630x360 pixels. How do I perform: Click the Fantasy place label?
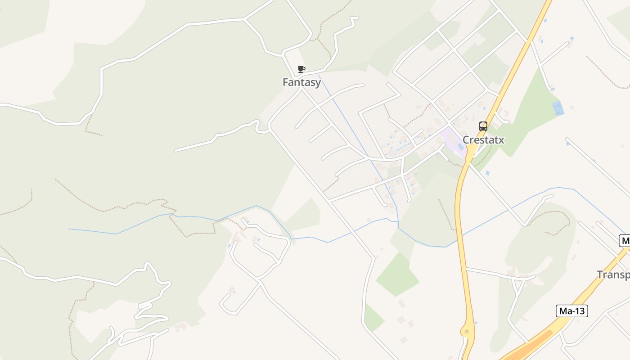[301, 82]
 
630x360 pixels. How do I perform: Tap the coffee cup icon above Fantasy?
[301, 69]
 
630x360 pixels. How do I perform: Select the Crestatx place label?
[483, 140]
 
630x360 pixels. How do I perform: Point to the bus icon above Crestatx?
[483, 126]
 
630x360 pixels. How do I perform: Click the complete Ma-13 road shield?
[572, 310]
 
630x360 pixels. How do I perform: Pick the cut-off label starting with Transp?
[613, 274]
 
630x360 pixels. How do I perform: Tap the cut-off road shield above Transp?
[625, 241]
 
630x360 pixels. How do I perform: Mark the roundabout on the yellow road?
[467, 332]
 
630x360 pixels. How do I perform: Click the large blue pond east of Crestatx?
[558, 108]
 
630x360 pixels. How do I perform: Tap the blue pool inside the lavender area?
[460, 147]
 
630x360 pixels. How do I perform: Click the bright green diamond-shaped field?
[397, 274]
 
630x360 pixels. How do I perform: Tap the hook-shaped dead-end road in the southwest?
[227, 304]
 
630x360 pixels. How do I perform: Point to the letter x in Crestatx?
[501, 140]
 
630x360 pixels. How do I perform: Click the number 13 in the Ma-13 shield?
[580, 310]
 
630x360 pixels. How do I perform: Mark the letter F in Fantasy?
[285, 82]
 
